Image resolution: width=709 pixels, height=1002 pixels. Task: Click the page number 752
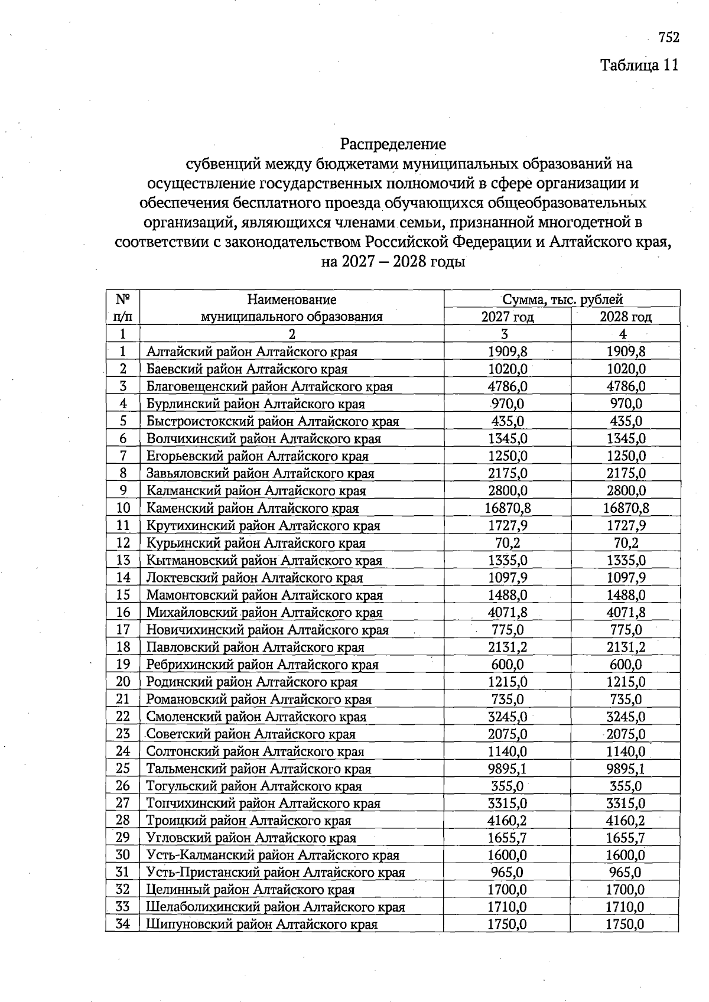[x=669, y=37]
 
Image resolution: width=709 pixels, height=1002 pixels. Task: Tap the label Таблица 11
[x=639, y=64]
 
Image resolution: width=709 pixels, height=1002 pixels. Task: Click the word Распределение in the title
[x=393, y=144]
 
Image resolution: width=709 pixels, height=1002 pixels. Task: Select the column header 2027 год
[x=507, y=317]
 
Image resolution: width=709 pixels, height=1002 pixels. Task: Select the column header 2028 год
[x=625, y=317]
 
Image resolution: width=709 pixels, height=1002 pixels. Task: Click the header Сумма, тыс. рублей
[x=562, y=300]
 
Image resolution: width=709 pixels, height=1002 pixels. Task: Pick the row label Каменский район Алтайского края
[x=252, y=508]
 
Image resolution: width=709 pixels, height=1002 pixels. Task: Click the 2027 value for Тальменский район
[x=508, y=769]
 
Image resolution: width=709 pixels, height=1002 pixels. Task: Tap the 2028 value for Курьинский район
[x=626, y=543]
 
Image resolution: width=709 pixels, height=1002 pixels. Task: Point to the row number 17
[x=123, y=630]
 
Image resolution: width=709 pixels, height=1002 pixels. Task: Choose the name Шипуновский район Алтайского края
[x=262, y=925]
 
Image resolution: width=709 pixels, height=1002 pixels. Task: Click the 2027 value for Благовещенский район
[x=508, y=386]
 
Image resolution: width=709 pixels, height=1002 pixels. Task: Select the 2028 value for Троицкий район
[x=626, y=821]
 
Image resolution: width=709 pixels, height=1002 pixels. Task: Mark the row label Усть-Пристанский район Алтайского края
[x=275, y=873]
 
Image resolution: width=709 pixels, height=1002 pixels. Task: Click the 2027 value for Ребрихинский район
[x=508, y=665]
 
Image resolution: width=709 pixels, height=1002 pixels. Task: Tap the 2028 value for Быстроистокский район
[x=626, y=421]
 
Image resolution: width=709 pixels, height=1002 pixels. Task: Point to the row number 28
[x=123, y=821]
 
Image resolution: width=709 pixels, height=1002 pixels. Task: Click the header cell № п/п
[x=123, y=308]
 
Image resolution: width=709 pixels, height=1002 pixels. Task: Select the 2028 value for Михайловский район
[x=626, y=613]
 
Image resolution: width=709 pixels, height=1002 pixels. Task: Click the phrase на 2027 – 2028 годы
[x=393, y=261]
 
